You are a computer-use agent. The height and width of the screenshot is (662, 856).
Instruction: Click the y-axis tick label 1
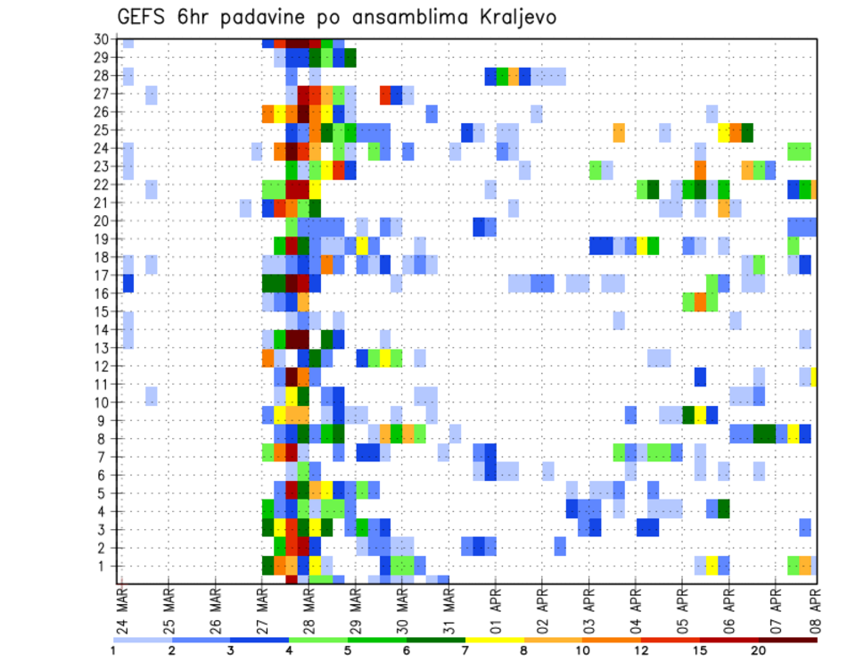coord(104,566)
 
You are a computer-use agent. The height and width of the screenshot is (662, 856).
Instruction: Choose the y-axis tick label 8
coord(104,439)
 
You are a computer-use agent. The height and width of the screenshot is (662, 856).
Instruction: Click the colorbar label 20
coord(759,650)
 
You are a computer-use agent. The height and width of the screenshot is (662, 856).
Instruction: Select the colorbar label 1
coord(113,650)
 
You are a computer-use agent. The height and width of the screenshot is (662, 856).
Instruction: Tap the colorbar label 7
coord(465,650)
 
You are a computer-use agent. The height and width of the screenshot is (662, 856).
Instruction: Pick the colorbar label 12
coord(642,650)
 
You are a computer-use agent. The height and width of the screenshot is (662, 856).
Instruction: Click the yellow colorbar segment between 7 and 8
coord(495,640)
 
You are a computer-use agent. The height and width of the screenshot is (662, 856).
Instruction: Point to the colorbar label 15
coord(701,650)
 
